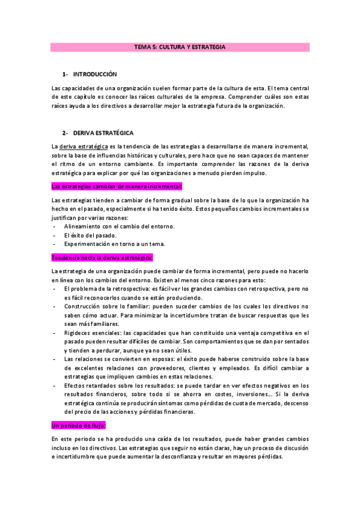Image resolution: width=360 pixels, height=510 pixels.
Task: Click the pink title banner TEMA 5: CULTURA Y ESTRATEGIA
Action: click(x=180, y=46)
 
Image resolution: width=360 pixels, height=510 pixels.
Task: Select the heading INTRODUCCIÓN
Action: click(x=94, y=74)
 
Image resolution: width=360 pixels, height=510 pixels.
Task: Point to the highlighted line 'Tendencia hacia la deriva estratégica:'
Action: click(x=102, y=257)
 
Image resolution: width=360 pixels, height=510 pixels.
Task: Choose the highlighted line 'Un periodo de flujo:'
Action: click(x=79, y=426)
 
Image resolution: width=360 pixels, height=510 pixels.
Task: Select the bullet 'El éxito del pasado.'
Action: click(x=91, y=235)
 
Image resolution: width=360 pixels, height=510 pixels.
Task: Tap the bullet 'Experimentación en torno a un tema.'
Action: click(x=115, y=244)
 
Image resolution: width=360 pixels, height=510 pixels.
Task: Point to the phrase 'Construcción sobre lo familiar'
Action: click(x=104, y=306)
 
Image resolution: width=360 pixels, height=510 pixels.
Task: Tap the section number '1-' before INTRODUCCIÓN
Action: click(x=66, y=74)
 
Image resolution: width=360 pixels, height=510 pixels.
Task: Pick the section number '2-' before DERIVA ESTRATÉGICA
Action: click(x=66, y=132)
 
